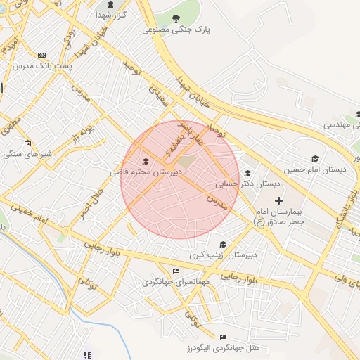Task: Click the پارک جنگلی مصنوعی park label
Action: (x=177, y=30)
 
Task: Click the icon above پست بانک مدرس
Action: (x=42, y=54)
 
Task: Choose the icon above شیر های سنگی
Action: (x=27, y=143)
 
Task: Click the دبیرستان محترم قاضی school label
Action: (x=146, y=172)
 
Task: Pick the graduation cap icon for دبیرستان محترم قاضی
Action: (x=146, y=162)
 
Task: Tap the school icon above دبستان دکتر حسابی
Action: (x=247, y=173)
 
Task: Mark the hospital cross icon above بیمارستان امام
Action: (x=278, y=201)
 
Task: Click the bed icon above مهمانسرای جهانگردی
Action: (x=176, y=271)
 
